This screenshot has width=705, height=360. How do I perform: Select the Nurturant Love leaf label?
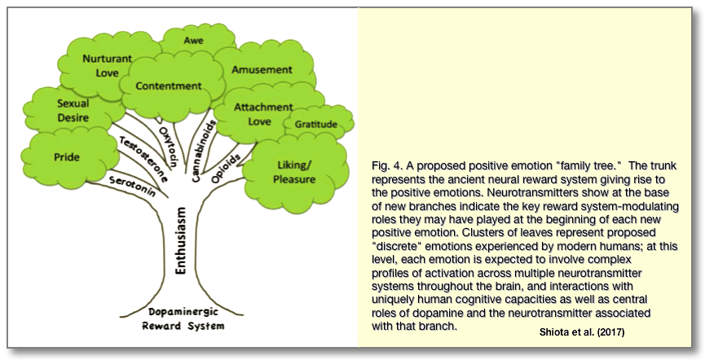[104, 65]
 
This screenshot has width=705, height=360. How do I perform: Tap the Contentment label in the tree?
[169, 86]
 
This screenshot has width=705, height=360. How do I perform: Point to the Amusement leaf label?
[262, 70]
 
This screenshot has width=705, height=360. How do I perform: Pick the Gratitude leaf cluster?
[315, 124]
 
